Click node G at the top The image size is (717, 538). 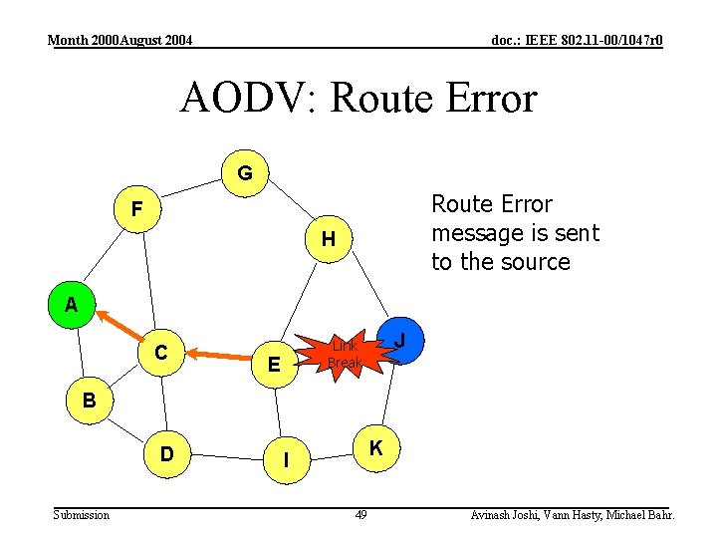tap(245, 173)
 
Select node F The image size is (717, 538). tap(137, 210)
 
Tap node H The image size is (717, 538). tap(328, 239)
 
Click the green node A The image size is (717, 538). tap(71, 305)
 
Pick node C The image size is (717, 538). tap(161, 352)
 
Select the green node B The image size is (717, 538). tap(89, 402)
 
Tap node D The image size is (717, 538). tap(167, 454)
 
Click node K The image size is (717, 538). tap(376, 448)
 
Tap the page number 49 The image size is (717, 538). tap(360, 514)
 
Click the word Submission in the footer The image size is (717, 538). tap(82, 514)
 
